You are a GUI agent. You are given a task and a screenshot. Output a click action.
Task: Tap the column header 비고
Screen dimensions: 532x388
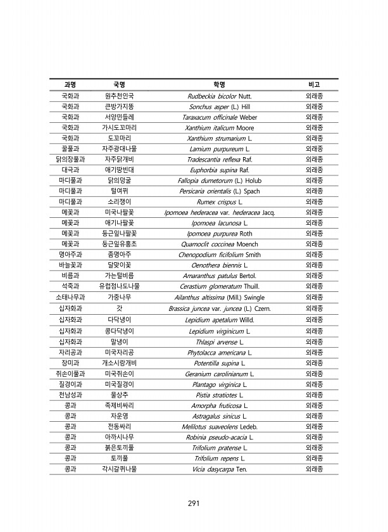(x=314, y=84)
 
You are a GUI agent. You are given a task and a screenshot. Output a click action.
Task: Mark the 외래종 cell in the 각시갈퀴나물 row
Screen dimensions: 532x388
(x=314, y=469)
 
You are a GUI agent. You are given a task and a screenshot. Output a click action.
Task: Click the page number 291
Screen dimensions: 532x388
(x=194, y=504)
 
